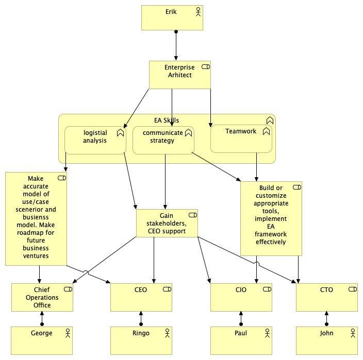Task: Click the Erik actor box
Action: pos(172,18)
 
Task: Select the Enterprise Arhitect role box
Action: pos(180,75)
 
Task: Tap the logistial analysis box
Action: pos(95,140)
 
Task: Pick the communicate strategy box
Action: pos(163,140)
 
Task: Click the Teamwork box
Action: pos(241,139)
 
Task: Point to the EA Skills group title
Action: pos(167,120)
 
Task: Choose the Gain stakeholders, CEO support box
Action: pos(167,223)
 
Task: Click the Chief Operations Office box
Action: pos(42,297)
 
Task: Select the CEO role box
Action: pos(141,297)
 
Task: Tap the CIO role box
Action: pos(241,297)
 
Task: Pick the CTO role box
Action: pos(327,297)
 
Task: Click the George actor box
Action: pos(42,340)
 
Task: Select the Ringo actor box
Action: pos(141,340)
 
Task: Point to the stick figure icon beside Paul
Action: pos(267,333)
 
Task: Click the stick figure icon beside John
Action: pos(353,333)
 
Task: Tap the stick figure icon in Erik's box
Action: pos(198,12)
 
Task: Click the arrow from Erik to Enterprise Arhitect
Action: pos(176,45)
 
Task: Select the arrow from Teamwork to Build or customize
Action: pos(256,167)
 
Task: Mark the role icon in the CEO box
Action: pos(167,289)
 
